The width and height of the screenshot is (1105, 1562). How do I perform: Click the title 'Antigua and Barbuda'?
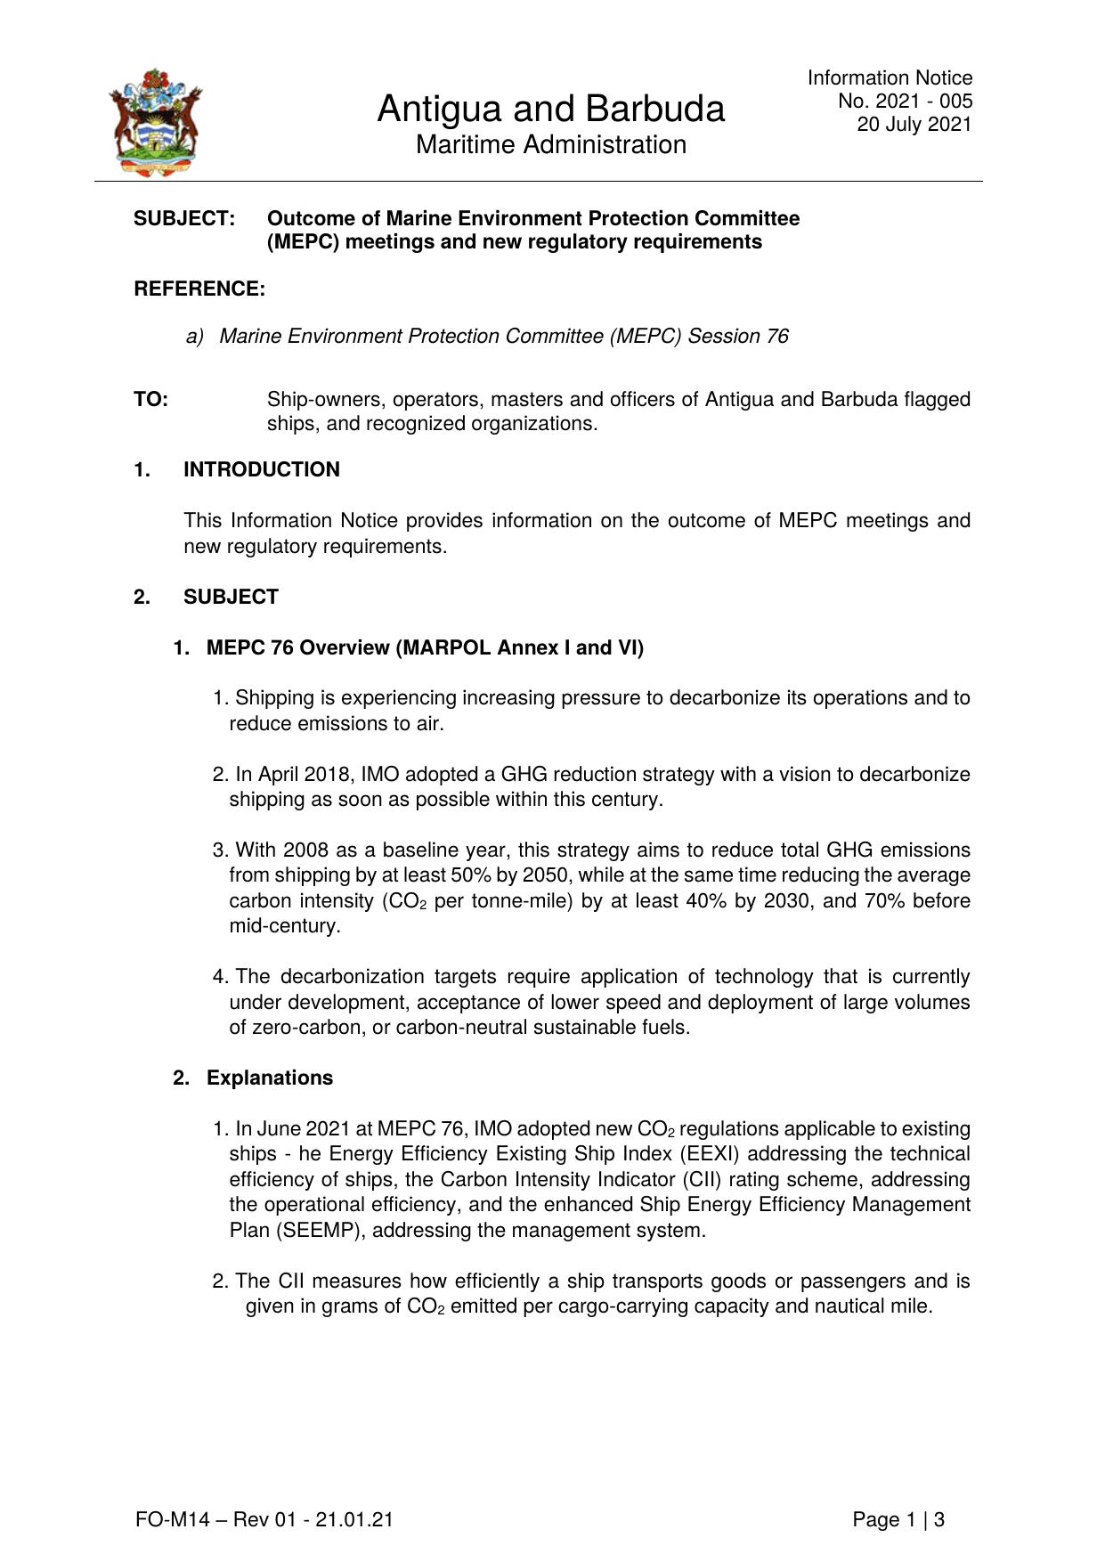pyautogui.click(x=550, y=110)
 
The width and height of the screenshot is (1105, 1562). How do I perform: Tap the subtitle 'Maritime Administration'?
pyautogui.click(x=550, y=144)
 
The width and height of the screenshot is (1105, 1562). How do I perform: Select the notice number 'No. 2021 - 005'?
pyautogui.click(x=905, y=101)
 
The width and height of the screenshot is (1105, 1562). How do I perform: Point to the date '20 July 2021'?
pyautogui.click(x=914, y=124)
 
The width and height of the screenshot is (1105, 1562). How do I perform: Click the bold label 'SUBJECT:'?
pyautogui.click(x=184, y=218)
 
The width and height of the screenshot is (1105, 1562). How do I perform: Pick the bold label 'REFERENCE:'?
pyautogui.click(x=199, y=289)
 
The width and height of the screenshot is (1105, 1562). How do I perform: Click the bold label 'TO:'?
pyautogui.click(x=151, y=399)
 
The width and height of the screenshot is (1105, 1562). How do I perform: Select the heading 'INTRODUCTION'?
pyautogui.click(x=262, y=469)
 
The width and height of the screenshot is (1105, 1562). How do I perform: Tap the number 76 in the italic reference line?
pyautogui.click(x=776, y=336)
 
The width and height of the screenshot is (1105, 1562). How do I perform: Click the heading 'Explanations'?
pyautogui.click(x=270, y=1078)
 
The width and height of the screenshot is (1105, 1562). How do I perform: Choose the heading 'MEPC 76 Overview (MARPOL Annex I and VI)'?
pyautogui.click(x=425, y=647)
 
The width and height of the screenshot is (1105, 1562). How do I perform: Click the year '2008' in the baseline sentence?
pyautogui.click(x=306, y=850)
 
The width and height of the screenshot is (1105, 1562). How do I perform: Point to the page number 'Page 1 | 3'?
pyautogui.click(x=898, y=1519)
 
